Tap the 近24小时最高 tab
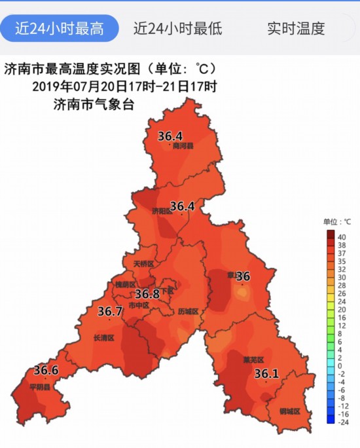pos(60,28)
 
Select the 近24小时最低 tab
pos(178,28)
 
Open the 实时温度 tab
pos(296,28)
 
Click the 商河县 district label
pos(183,146)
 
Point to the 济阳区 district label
pos(161,211)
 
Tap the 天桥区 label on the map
pos(143,264)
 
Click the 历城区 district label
pos(188,312)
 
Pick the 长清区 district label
pos(104,338)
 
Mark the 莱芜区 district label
pos(253,360)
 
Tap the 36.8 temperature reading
pos(147,294)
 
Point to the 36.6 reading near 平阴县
pos(46,370)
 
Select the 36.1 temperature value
pos(266,374)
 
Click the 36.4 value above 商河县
pos(170,136)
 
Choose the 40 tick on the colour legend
pos(340,236)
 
